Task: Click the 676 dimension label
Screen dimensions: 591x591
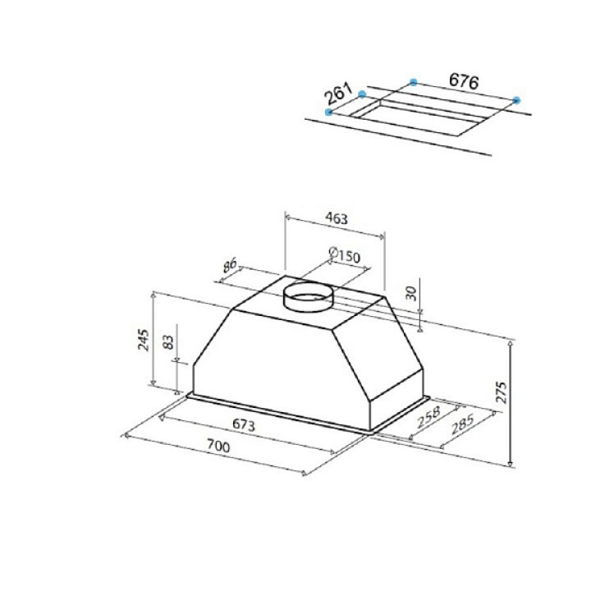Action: tap(464, 81)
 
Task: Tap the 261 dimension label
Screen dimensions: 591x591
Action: tap(338, 94)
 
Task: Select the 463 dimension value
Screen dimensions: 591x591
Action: tap(337, 218)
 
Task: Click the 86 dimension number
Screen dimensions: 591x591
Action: tap(229, 265)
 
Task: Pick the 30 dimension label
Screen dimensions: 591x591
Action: tap(412, 293)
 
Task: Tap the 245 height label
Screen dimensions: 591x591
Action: tap(143, 340)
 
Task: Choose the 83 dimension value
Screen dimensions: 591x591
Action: tap(168, 341)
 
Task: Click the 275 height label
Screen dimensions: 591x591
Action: tap(502, 392)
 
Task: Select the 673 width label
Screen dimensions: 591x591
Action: tap(244, 425)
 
